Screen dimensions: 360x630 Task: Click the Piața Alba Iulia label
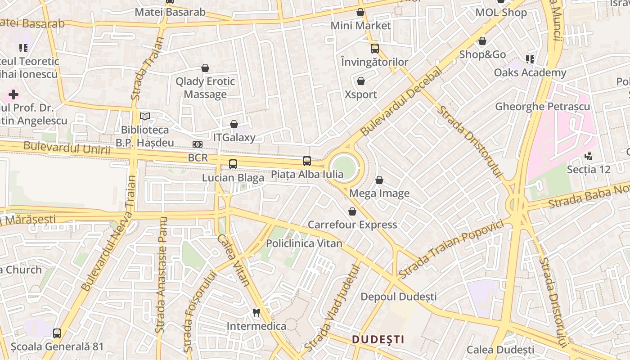point(307,175)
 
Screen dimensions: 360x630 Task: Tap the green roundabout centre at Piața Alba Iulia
point(344,168)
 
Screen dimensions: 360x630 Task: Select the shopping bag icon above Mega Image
point(379,180)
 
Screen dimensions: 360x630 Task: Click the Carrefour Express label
point(352,225)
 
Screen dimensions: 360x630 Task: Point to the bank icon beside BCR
point(197,144)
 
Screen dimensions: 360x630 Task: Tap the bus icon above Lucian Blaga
point(233,164)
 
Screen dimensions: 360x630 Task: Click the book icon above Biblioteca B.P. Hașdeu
point(144,117)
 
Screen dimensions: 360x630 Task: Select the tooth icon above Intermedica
point(256,312)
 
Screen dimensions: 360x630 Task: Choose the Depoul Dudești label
point(399,297)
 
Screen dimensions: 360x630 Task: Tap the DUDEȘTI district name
point(378,339)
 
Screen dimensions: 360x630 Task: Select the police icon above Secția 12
point(588,156)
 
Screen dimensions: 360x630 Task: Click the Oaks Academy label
point(530,72)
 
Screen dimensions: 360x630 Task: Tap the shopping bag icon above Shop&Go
point(482,41)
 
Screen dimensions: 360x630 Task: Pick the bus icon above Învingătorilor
point(375,49)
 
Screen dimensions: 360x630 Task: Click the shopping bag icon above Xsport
point(360,81)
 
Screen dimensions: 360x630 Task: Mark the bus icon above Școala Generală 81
point(57,333)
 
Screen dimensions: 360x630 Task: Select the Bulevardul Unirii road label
point(67,148)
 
